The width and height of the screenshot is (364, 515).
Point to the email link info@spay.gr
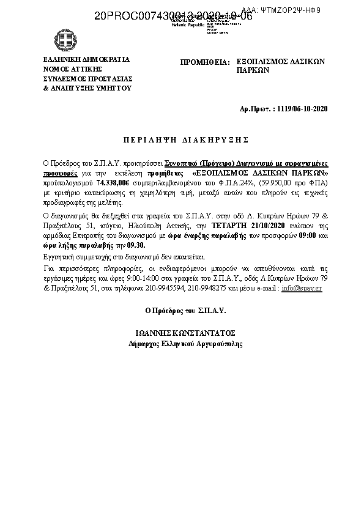coord(302,287)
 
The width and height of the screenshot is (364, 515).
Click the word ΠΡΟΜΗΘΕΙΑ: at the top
coord(204,62)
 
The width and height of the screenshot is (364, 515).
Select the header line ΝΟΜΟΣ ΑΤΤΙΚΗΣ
coord(68,70)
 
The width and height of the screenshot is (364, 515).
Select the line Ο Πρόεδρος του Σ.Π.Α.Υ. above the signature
coord(185,310)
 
